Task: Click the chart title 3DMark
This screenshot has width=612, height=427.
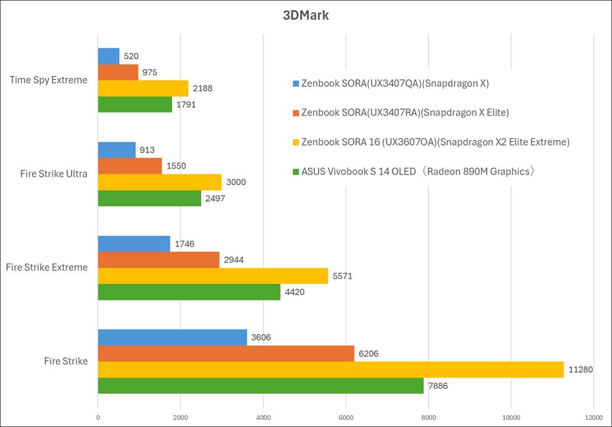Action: click(305, 15)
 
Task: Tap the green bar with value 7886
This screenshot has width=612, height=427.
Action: click(260, 386)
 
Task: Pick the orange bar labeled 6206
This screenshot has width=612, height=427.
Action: click(226, 354)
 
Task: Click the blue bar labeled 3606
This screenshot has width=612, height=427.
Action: click(172, 338)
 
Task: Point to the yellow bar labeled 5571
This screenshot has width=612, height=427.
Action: click(212, 276)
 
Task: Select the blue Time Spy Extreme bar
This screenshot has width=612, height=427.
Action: click(108, 56)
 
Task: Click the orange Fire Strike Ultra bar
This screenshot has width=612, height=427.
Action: click(130, 166)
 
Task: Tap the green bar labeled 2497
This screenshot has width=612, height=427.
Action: click(149, 198)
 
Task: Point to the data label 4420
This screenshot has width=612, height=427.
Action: click(295, 292)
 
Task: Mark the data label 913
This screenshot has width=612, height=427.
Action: click(146, 150)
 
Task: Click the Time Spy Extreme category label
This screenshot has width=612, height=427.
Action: click(49, 80)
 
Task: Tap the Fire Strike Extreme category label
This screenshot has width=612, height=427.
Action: click(47, 267)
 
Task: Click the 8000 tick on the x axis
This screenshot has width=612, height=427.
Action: click(429, 417)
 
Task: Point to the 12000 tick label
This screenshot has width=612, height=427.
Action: click(593, 417)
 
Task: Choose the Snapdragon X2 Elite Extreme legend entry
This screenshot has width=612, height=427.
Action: click(435, 142)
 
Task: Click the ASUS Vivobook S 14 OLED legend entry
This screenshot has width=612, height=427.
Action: click(418, 172)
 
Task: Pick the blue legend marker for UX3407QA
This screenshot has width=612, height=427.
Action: click(296, 83)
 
